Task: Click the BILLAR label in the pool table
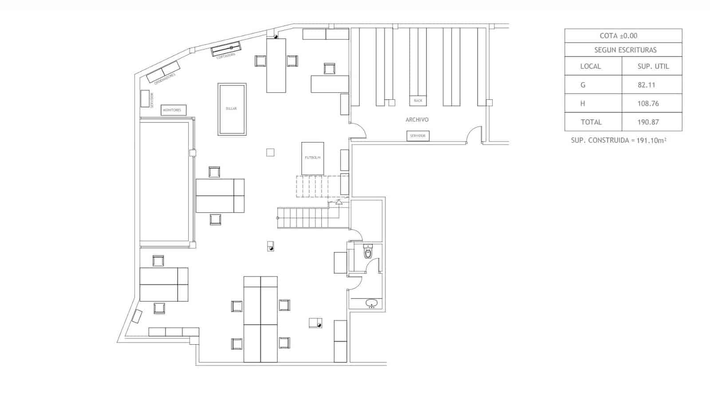[231, 109]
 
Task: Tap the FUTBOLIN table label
[312, 157]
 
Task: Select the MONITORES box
[173, 110]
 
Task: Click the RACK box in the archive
[418, 101]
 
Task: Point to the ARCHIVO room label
[417, 120]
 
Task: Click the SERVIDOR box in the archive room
[418, 136]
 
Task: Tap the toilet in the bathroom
[368, 253]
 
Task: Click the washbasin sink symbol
[371, 303]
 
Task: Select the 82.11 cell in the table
[647, 85]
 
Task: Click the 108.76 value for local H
[648, 103]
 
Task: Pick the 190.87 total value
[648, 122]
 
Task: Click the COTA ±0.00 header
[618, 36]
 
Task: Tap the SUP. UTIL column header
[653, 67]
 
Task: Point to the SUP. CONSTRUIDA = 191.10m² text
[619, 140]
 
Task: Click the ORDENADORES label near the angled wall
[165, 79]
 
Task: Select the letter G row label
[583, 85]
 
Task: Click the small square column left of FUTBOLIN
[270, 153]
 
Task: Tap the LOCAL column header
[590, 67]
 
